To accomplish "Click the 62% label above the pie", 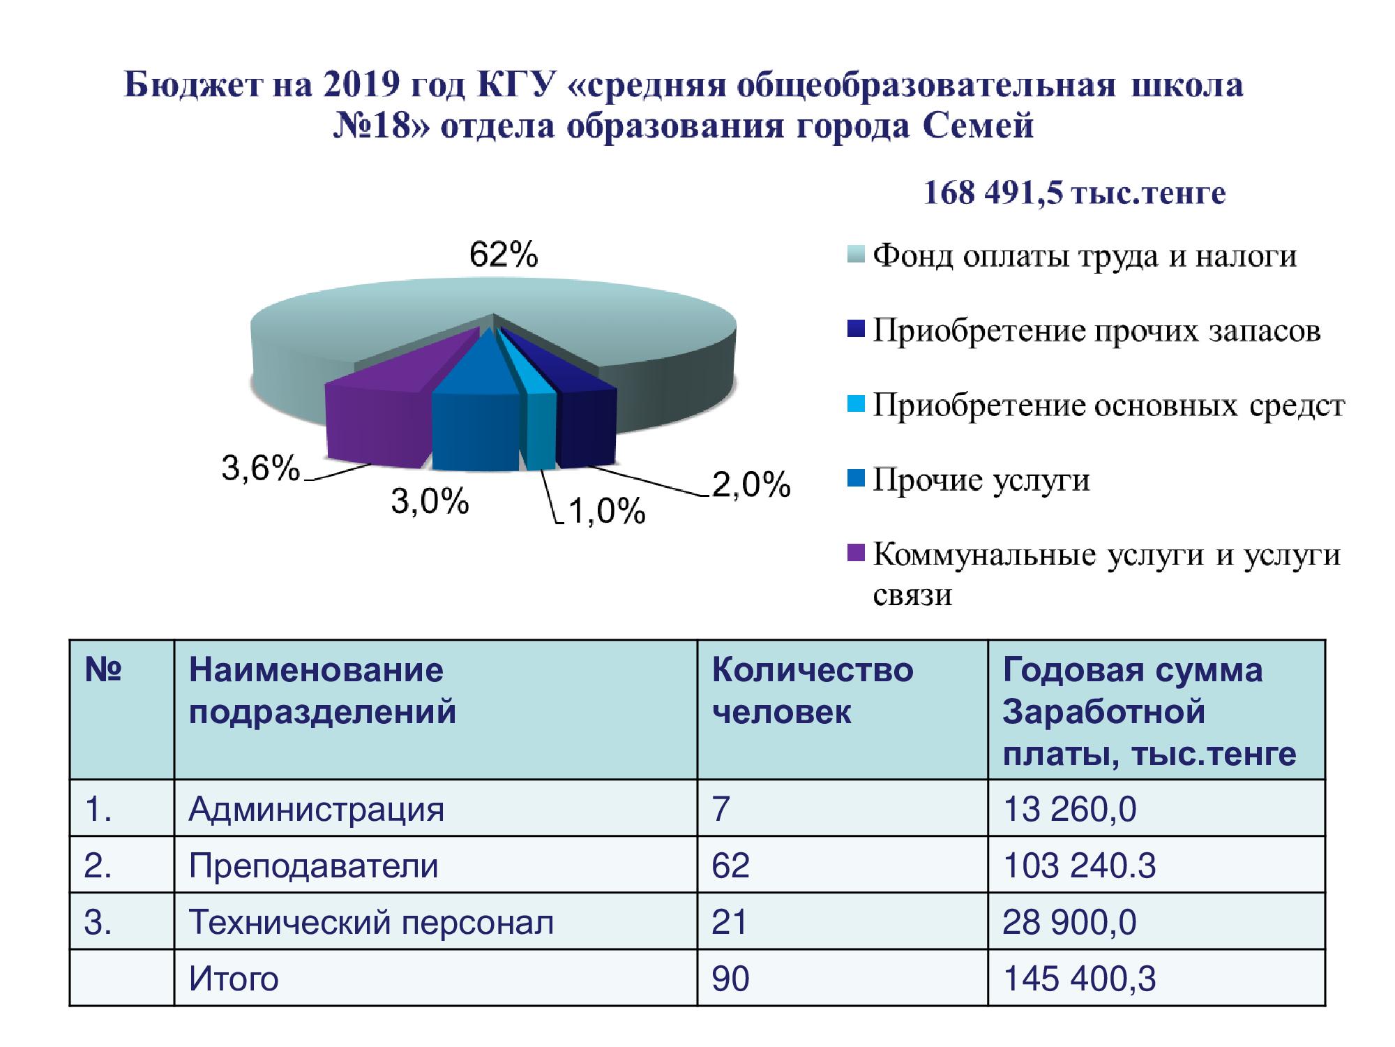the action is (x=504, y=255).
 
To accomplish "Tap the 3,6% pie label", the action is (x=261, y=468).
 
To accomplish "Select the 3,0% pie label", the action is (x=430, y=501).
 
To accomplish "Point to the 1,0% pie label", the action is (x=607, y=512).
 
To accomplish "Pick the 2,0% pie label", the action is (x=751, y=484).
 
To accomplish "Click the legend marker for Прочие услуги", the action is (x=857, y=479).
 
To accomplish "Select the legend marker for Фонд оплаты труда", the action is (x=857, y=255).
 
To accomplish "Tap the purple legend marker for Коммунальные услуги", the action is (x=857, y=553).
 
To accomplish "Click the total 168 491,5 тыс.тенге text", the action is (x=1074, y=193).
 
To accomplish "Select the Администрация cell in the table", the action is (x=316, y=810).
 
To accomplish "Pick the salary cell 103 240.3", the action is (x=1079, y=866).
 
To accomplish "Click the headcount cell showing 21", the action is (x=729, y=922).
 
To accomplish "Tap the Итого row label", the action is (x=234, y=979).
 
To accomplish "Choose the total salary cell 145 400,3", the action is (x=1079, y=979).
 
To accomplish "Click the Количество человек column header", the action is (x=813, y=691).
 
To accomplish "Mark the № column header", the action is (x=103, y=669).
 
